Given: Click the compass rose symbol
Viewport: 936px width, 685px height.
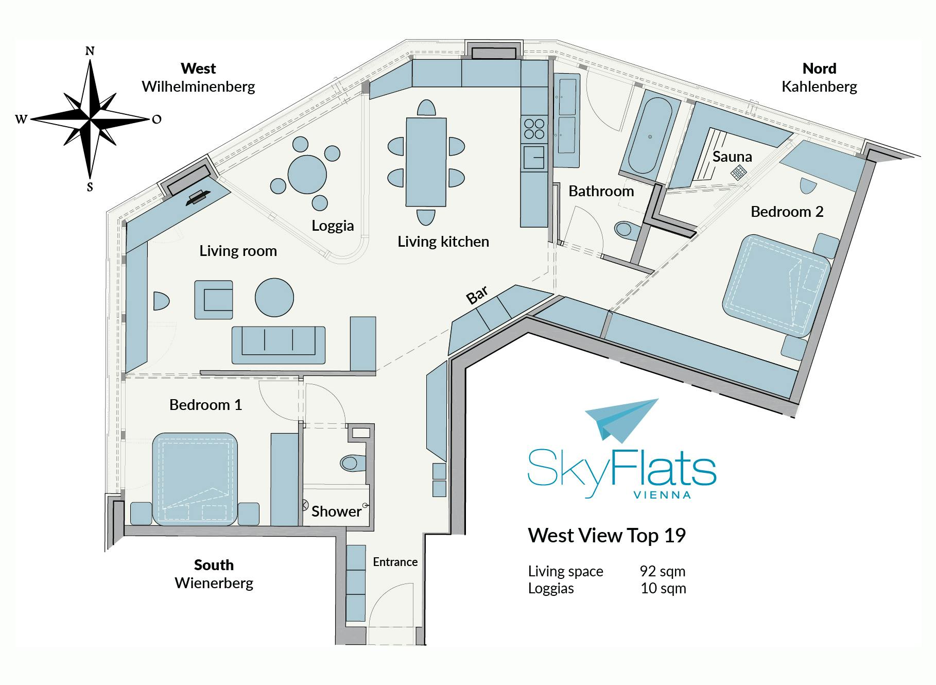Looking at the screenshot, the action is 91,119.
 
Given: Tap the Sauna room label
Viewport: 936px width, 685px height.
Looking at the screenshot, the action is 732,157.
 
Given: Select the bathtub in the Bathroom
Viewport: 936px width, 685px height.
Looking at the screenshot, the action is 649,136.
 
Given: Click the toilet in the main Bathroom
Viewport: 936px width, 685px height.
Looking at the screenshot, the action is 626,228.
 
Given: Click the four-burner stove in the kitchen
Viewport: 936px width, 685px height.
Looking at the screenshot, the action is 534,128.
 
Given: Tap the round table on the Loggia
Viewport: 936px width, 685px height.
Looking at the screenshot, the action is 307,175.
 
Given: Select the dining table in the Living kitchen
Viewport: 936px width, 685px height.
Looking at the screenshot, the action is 426,162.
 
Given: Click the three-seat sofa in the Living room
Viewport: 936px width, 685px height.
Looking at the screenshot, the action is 279,345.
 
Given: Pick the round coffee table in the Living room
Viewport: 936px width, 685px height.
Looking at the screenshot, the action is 274,297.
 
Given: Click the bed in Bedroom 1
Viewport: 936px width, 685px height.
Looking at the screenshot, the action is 195,479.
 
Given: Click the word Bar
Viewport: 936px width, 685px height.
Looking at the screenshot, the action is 477,296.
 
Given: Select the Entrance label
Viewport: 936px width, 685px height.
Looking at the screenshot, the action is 395,562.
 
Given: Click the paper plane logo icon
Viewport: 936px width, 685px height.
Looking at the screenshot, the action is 621,420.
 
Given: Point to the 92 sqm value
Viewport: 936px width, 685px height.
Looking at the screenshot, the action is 663,571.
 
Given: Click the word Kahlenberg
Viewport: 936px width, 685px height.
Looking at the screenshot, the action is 819,87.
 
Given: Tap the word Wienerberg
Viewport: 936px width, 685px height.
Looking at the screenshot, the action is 214,583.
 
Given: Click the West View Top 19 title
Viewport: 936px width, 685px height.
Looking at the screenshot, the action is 607,536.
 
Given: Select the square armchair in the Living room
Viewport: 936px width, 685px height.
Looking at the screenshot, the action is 213,300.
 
